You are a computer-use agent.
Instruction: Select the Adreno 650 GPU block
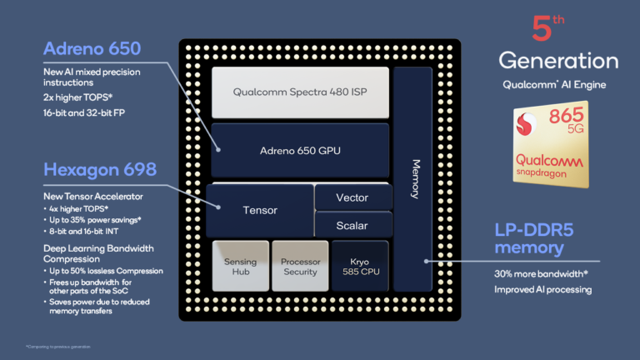coord(299,150)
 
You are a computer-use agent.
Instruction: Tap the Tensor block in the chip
coord(259,210)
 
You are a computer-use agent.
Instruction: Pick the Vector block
coord(352,197)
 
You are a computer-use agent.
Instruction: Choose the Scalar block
coord(352,225)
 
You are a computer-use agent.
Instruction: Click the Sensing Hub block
coord(240,267)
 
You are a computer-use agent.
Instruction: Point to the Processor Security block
coord(300,267)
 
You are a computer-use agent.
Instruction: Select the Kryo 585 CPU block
coord(360,267)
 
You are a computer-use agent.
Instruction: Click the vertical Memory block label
coord(415,178)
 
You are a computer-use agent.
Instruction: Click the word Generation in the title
coord(558,61)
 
